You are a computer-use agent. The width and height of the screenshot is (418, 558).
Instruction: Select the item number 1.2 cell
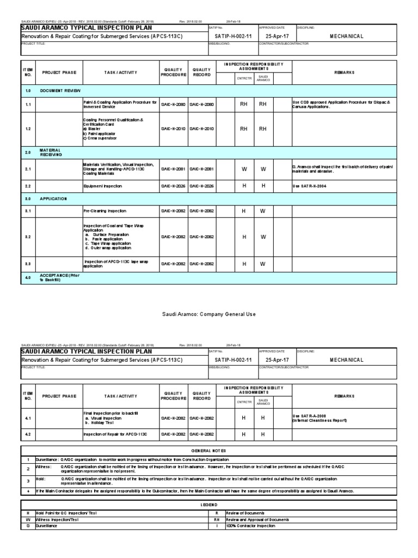pyautogui.click(x=28, y=129)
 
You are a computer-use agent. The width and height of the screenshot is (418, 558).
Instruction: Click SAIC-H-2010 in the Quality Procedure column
pyautogui.click(x=173, y=129)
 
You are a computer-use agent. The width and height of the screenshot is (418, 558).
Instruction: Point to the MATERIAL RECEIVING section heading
pyautogui.click(x=51, y=153)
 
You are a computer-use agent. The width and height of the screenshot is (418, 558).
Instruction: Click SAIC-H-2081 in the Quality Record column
pyautogui.click(x=201, y=169)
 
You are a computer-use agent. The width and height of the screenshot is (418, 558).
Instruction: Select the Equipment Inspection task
pyautogui.click(x=103, y=186)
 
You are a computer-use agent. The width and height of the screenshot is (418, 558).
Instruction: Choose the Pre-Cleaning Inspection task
pyautogui.click(x=105, y=210)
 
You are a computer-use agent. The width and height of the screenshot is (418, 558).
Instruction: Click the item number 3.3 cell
pyautogui.click(x=28, y=264)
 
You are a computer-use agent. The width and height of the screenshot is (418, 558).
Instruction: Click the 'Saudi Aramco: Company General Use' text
pyautogui.click(x=209, y=314)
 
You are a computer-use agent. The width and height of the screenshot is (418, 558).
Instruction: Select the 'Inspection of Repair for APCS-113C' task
pyautogui.click(x=114, y=434)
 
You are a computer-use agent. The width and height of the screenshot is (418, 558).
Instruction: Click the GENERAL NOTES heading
pyautogui.click(x=209, y=451)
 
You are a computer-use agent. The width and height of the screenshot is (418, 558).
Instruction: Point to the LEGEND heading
pyautogui.click(x=209, y=506)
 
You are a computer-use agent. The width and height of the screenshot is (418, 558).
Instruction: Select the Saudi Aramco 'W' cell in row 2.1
pyautogui.click(x=262, y=169)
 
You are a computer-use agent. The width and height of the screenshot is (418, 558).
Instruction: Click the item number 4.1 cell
pyautogui.click(x=28, y=418)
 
